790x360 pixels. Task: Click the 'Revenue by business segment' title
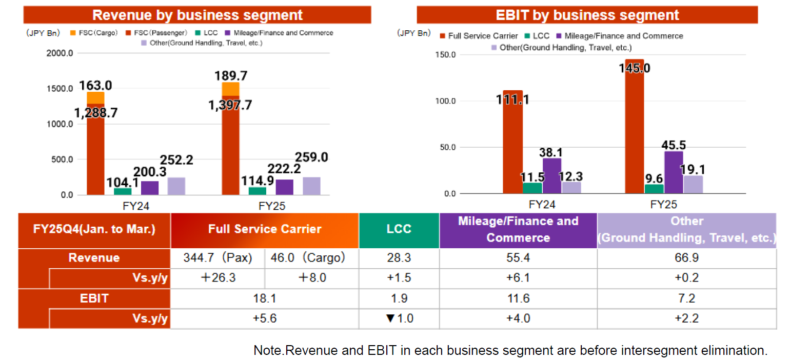click(x=197, y=15)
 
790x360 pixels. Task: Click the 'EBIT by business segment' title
click(x=587, y=15)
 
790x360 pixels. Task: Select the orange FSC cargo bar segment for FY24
click(x=95, y=98)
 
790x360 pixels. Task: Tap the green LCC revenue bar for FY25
click(x=258, y=191)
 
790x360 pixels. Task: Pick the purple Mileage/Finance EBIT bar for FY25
click(x=674, y=172)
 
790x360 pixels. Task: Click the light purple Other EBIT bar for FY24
click(x=571, y=188)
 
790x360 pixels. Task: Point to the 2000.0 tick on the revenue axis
click(x=60, y=53)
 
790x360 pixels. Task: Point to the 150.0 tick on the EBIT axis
click(x=445, y=55)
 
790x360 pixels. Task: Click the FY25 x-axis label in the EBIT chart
click(x=663, y=205)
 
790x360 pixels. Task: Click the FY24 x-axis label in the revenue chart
click(x=136, y=206)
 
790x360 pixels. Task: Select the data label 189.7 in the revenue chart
click(x=231, y=75)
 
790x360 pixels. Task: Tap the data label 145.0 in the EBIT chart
click(x=635, y=68)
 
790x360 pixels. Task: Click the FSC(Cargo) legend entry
click(x=94, y=33)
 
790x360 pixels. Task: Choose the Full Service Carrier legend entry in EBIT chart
click(x=479, y=36)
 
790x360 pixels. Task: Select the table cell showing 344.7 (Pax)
click(x=218, y=258)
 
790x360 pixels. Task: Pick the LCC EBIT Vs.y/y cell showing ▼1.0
click(x=399, y=318)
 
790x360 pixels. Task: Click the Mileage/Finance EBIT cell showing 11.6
click(x=518, y=298)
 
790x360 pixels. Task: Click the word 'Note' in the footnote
click(x=269, y=350)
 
